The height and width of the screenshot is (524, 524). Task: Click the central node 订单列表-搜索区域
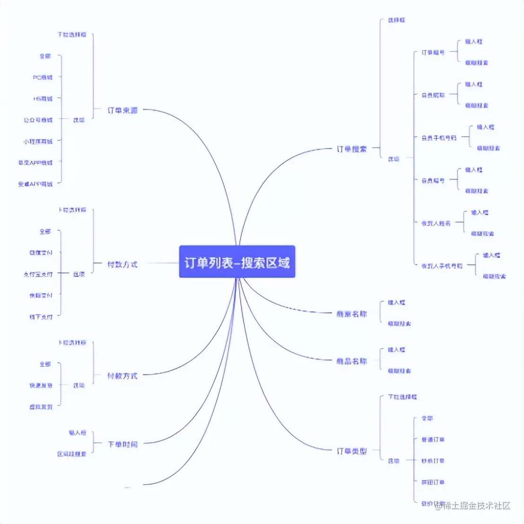[237, 262]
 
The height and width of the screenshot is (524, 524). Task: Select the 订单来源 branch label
[122, 110]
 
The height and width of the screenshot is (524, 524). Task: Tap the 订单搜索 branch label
[351, 149]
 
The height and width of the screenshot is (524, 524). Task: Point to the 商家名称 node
[351, 314]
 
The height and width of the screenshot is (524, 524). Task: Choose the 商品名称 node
[351, 361]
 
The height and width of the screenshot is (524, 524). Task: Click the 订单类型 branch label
[351, 451]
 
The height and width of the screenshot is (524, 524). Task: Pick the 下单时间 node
[122, 444]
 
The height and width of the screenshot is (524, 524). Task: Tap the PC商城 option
[43, 77]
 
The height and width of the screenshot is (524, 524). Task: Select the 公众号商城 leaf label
[38, 120]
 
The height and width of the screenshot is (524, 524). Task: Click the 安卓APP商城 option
[35, 184]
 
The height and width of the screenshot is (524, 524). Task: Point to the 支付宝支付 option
[38, 274]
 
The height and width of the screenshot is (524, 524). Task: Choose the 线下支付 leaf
[41, 317]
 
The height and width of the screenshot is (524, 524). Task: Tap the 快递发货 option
[41, 385]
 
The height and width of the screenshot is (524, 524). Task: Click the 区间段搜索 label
[72, 454]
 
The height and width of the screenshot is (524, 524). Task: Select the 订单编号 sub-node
[433, 52]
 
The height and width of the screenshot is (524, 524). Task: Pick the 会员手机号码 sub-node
[439, 138]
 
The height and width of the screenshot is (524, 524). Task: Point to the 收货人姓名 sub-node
[436, 223]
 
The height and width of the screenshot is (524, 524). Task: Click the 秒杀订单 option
[433, 461]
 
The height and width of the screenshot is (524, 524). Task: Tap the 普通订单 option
[433, 439]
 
